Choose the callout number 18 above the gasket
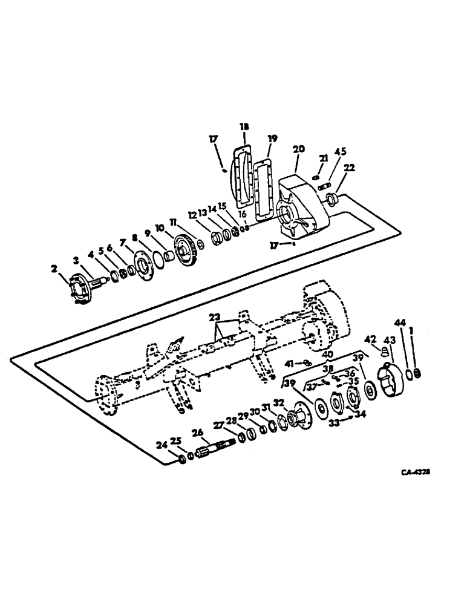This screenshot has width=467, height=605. pyautogui.click(x=244, y=127)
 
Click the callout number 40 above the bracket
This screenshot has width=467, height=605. pyautogui.click(x=327, y=355)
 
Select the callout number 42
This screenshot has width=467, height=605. pyautogui.click(x=373, y=339)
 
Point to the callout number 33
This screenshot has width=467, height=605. pyautogui.click(x=335, y=424)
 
